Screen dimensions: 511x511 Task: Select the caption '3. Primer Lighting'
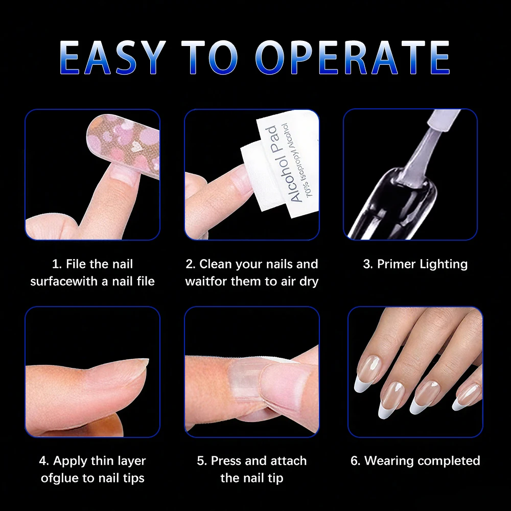click(x=415, y=264)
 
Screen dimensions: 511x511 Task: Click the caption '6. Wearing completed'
click(x=415, y=460)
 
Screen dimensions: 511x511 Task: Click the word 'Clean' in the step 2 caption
click(x=215, y=264)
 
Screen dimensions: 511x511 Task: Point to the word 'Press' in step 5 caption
click(x=226, y=460)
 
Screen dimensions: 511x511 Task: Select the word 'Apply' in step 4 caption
click(x=71, y=460)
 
